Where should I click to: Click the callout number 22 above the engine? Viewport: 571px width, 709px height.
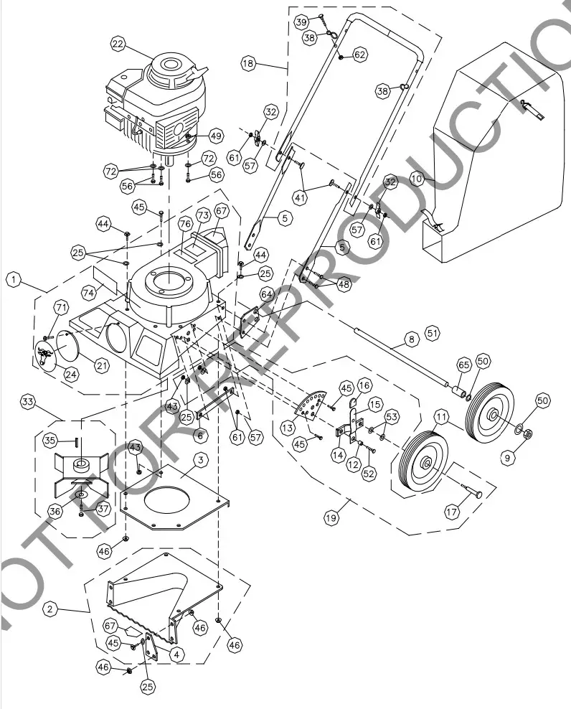click(x=118, y=44)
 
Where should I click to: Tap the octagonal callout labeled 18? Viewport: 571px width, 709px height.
click(x=249, y=64)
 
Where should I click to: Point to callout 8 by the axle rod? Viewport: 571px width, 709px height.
click(x=410, y=337)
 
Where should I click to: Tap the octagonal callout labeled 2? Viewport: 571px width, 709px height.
click(x=49, y=609)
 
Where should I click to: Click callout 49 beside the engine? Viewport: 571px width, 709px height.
click(x=216, y=135)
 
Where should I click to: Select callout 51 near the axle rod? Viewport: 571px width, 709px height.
click(x=432, y=333)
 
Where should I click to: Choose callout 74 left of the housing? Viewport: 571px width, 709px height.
click(x=88, y=293)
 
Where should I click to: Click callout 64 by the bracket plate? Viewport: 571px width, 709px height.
click(x=267, y=294)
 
